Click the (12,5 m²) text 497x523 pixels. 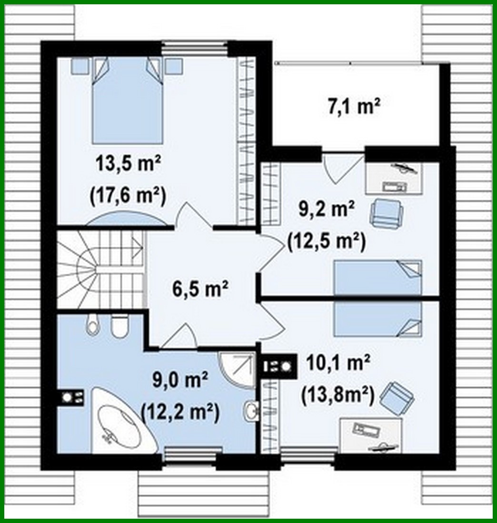[x=326, y=242]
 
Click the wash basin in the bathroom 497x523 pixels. [x=251, y=410]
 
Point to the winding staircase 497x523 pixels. [x=100, y=269]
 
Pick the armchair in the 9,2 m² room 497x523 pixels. [x=386, y=211]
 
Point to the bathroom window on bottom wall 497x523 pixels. [x=193, y=454]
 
